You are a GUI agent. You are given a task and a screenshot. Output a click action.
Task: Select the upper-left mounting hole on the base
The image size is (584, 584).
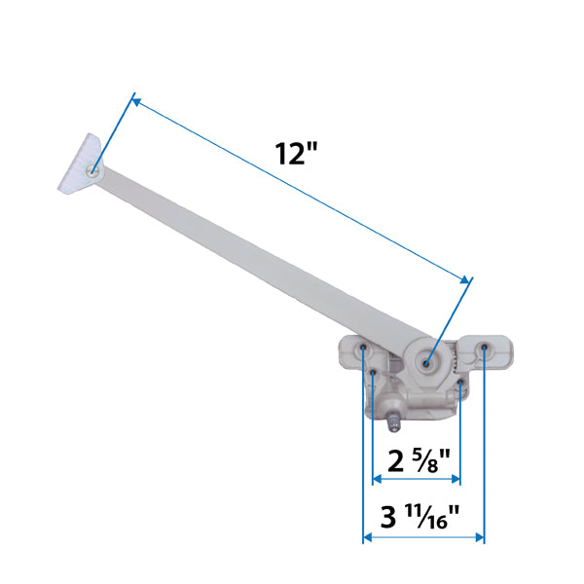point(364,347)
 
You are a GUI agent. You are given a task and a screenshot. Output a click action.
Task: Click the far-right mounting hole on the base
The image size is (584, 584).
point(484,347)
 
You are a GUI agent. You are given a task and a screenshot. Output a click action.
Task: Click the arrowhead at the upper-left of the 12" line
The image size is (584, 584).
point(136,99)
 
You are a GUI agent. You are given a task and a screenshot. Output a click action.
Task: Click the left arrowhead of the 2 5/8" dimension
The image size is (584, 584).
point(377,478)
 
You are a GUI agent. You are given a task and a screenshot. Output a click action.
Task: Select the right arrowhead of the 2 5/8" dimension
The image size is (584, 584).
point(456,478)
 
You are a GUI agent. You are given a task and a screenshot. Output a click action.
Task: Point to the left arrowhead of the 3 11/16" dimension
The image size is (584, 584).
point(368,536)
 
